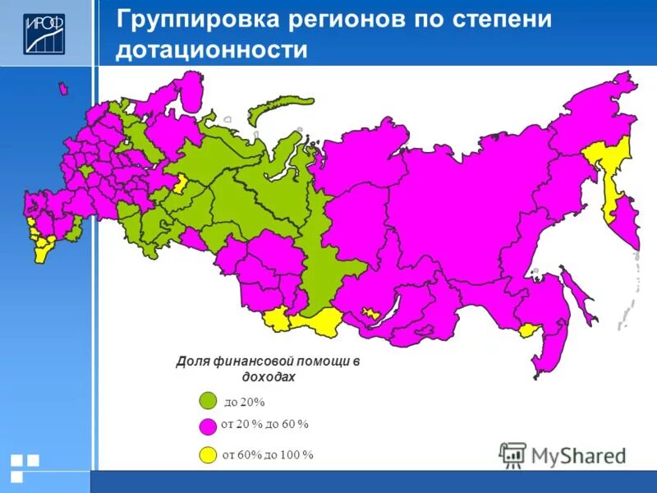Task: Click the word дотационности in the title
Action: click(212, 51)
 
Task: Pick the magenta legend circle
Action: click(208, 426)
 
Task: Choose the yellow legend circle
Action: click(208, 454)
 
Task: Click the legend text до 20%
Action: click(245, 402)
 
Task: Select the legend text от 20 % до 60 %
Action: click(265, 424)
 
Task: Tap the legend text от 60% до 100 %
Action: click(268, 454)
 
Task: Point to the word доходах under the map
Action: click(269, 376)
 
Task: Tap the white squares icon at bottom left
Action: click(24, 467)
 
